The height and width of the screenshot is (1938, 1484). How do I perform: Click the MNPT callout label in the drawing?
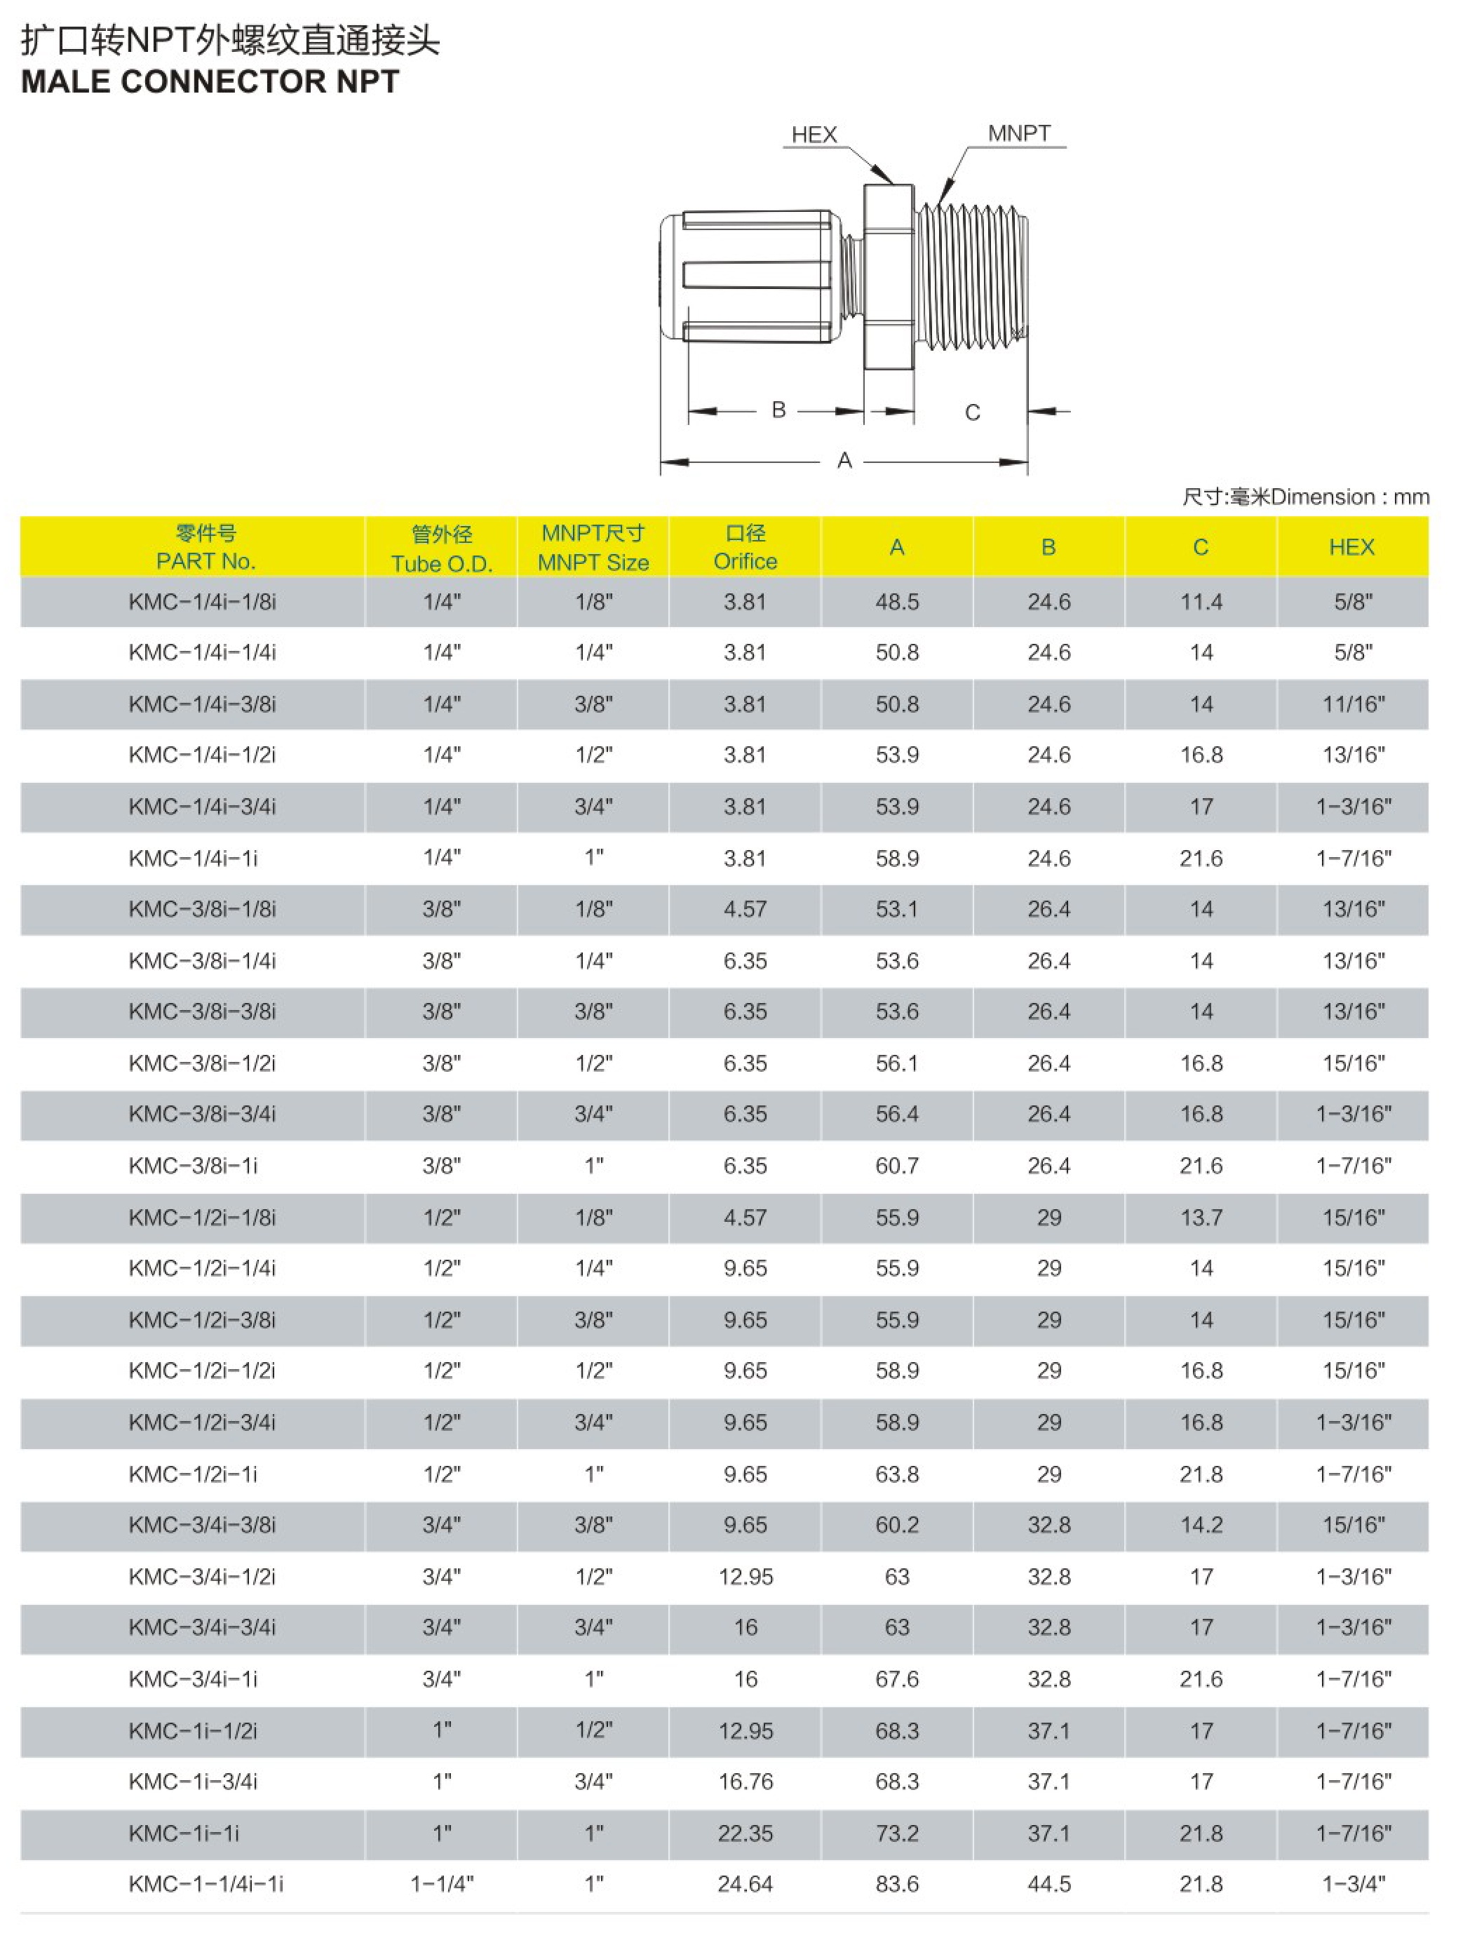point(1018,133)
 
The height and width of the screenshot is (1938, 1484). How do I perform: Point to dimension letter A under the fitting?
point(844,460)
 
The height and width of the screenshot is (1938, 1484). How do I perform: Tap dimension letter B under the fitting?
point(778,410)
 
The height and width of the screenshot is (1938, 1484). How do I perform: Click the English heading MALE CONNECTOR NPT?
point(210,82)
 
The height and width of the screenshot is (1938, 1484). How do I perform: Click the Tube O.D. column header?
point(442,549)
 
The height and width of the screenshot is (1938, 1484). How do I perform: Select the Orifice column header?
point(745,548)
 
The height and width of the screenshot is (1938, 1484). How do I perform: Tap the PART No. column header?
point(205,548)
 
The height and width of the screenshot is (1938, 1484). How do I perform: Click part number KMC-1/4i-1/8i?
point(202,603)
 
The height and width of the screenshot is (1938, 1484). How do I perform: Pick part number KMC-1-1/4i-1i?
point(205,1884)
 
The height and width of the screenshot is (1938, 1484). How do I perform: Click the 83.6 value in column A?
point(896,1884)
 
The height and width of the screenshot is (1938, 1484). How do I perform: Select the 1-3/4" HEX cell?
point(1352,1884)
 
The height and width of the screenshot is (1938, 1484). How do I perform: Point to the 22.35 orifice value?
point(745,1833)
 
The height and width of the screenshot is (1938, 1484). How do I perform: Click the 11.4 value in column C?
point(1201,603)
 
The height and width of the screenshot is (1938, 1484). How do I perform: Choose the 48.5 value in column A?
point(896,603)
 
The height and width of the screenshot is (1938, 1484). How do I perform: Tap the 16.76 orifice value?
point(745,1782)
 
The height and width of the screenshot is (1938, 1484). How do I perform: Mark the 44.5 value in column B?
point(1048,1884)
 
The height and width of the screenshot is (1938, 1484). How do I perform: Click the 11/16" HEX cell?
point(1352,705)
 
